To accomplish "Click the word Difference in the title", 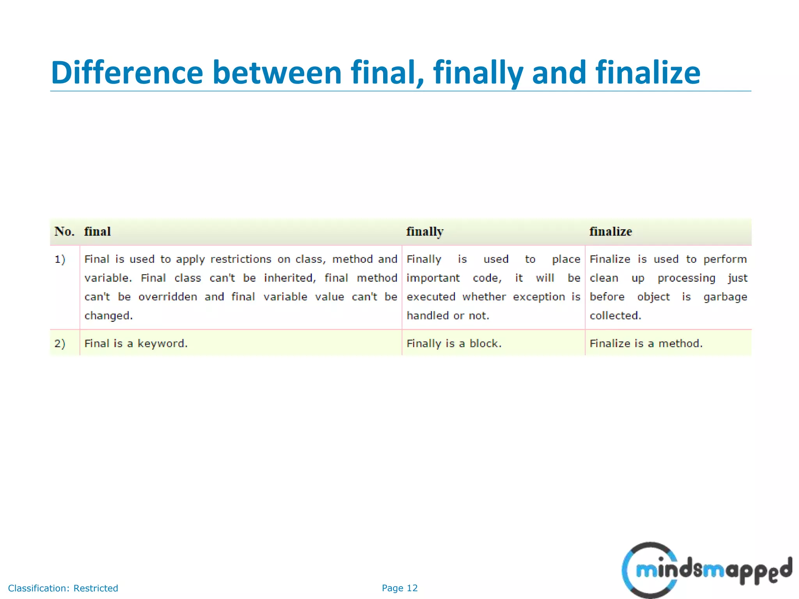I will click(x=127, y=73).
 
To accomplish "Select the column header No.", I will click(x=64, y=232).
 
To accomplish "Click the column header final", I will click(x=98, y=232).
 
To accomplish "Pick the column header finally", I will click(x=425, y=232).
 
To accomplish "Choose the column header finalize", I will click(x=611, y=232).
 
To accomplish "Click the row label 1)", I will click(x=60, y=259).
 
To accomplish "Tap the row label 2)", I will click(x=60, y=344).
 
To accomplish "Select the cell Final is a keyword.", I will click(x=136, y=344).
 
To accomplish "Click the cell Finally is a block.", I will click(x=454, y=344).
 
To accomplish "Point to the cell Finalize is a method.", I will click(x=646, y=344).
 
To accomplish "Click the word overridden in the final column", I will click(x=168, y=297).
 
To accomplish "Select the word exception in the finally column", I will click(x=539, y=297).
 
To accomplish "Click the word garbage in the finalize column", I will click(x=725, y=297).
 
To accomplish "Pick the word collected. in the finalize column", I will click(x=615, y=315).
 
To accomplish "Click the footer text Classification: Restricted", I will click(x=63, y=588).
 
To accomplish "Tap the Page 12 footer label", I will click(x=399, y=588).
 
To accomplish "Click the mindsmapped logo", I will click(x=706, y=570).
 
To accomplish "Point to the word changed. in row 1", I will click(x=108, y=315).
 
